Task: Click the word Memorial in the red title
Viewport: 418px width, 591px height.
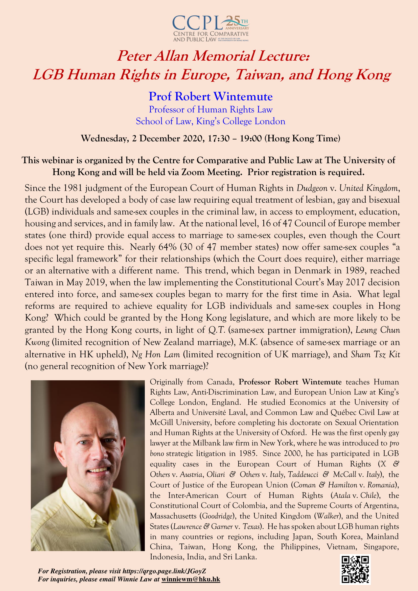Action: (224, 56)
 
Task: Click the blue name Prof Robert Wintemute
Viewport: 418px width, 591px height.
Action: (211, 97)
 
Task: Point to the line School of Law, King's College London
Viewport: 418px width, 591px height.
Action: (211, 121)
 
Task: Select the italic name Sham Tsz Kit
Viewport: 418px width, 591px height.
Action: (376, 354)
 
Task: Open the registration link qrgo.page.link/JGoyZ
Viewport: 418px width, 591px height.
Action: (164, 571)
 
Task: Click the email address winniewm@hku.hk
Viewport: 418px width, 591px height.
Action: (191, 579)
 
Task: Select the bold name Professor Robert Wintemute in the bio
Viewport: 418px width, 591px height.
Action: (290, 382)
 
